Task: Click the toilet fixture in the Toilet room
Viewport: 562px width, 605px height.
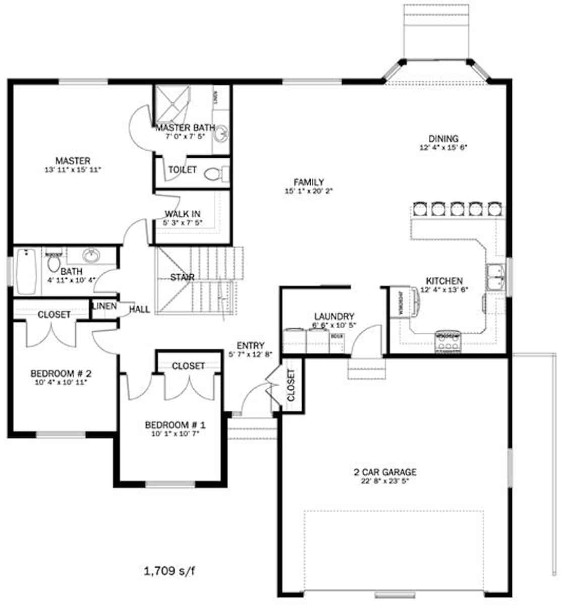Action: click(215, 174)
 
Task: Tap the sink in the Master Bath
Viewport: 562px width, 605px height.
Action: click(220, 135)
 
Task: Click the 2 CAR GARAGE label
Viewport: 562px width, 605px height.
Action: click(385, 472)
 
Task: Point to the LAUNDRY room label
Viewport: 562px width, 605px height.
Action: click(333, 316)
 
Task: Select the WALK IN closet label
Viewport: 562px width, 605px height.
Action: click(182, 214)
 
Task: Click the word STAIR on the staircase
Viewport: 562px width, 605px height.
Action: click(182, 277)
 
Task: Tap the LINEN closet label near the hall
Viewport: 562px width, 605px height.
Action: click(104, 307)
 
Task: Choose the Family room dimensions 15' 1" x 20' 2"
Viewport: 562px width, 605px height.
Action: click(309, 191)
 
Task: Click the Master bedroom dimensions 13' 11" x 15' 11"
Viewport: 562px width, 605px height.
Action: click(73, 170)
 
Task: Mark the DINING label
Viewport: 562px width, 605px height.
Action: click(443, 139)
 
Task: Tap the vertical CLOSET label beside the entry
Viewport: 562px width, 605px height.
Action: click(291, 385)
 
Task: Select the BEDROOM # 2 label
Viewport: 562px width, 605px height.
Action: click(61, 374)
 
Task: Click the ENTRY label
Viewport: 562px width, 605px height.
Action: click(250, 345)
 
